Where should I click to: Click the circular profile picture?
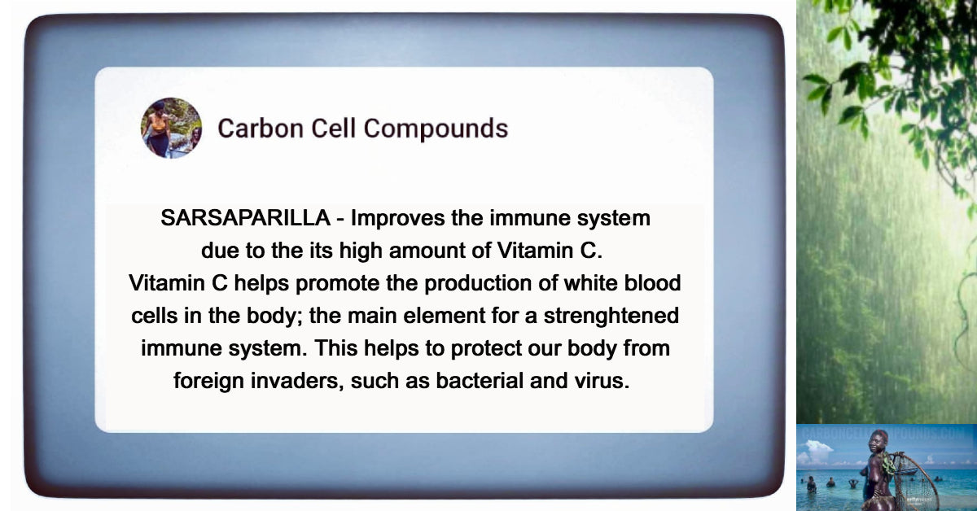(x=171, y=128)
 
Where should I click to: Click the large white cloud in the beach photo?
(x=818, y=450)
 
